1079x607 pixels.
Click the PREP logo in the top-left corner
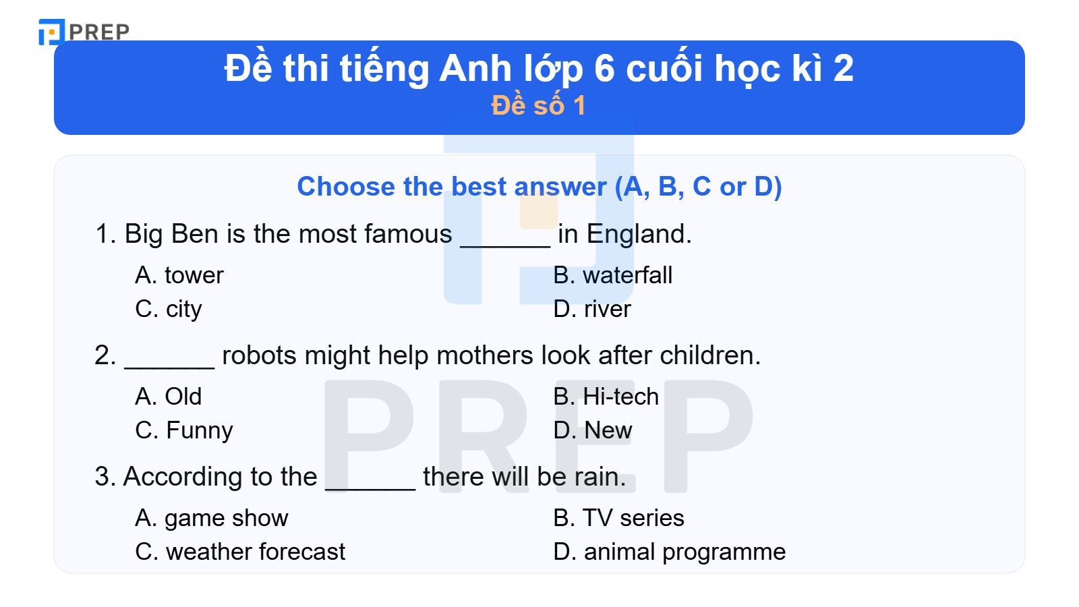click(x=84, y=32)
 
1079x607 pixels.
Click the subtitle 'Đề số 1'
click(x=538, y=106)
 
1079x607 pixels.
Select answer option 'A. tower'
click(x=179, y=275)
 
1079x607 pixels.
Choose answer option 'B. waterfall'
click(x=612, y=275)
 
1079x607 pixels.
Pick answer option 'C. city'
click(x=169, y=309)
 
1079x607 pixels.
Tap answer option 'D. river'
click(x=591, y=309)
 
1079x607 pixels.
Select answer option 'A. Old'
click(x=168, y=397)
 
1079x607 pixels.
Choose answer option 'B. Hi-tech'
click(x=606, y=397)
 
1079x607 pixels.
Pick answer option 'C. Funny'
click(x=183, y=430)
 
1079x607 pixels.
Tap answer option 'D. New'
click(x=592, y=430)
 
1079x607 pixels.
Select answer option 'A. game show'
click(x=211, y=518)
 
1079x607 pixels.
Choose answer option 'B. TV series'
click(x=618, y=518)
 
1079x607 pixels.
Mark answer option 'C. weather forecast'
click(x=239, y=552)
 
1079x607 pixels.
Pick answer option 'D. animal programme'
click(x=669, y=552)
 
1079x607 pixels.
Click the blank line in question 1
click(x=505, y=244)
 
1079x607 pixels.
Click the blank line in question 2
click(x=169, y=366)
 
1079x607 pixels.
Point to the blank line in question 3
click(x=370, y=487)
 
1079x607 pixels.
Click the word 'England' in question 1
click(x=638, y=234)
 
